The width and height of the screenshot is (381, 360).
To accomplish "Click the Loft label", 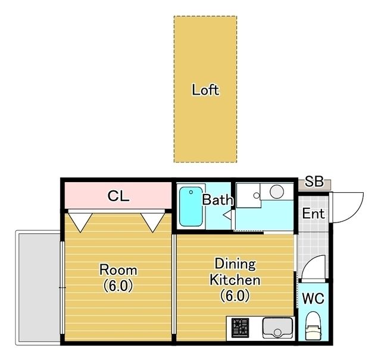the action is click(205, 90).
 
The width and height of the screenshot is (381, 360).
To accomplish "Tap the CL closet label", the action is click(118, 196).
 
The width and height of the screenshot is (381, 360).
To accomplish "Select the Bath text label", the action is click(217, 200).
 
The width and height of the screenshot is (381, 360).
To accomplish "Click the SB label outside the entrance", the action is click(314, 181).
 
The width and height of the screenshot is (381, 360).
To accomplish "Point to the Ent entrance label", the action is click(314, 214).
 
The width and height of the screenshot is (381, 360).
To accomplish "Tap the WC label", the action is click(313, 298).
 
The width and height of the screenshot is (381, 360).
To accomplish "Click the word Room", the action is click(118, 270).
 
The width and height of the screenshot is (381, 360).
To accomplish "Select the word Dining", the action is click(235, 264).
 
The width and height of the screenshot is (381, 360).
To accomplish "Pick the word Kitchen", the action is click(235, 280).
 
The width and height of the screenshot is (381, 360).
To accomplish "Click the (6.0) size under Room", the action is click(118, 286).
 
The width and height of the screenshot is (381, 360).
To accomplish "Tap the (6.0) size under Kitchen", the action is click(235, 296).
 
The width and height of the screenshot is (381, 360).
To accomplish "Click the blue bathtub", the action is click(191, 206).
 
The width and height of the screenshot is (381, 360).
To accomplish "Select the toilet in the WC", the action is click(314, 325).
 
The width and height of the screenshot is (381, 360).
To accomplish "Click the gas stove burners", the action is click(240, 328).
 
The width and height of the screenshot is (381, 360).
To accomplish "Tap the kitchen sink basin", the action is click(277, 328).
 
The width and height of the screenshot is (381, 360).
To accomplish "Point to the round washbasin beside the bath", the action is click(277, 191).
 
